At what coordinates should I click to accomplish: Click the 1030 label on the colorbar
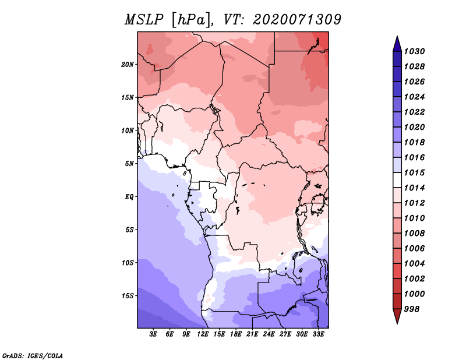click(x=415, y=51)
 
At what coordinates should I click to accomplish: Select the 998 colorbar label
click(x=412, y=309)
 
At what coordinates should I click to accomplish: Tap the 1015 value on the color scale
click(x=415, y=172)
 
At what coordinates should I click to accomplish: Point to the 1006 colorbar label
click(x=415, y=249)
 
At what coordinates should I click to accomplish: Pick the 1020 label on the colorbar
click(x=415, y=127)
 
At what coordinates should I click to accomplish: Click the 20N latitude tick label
click(x=128, y=65)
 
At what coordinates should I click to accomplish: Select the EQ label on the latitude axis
click(x=129, y=197)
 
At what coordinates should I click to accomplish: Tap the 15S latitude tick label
click(x=128, y=296)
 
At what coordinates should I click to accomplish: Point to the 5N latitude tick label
click(x=129, y=164)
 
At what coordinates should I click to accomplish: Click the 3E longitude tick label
click(x=153, y=334)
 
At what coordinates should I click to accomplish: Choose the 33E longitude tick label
click(x=318, y=334)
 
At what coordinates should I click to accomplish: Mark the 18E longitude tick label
click(x=236, y=334)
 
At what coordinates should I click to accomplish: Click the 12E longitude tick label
click(x=203, y=334)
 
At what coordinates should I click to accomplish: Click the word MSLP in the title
click(x=144, y=20)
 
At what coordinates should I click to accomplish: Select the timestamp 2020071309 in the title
click(x=297, y=20)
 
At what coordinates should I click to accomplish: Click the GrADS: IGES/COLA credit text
click(x=33, y=356)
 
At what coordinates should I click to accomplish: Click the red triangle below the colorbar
click(x=397, y=315)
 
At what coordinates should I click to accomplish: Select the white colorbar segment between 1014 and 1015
click(x=397, y=180)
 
